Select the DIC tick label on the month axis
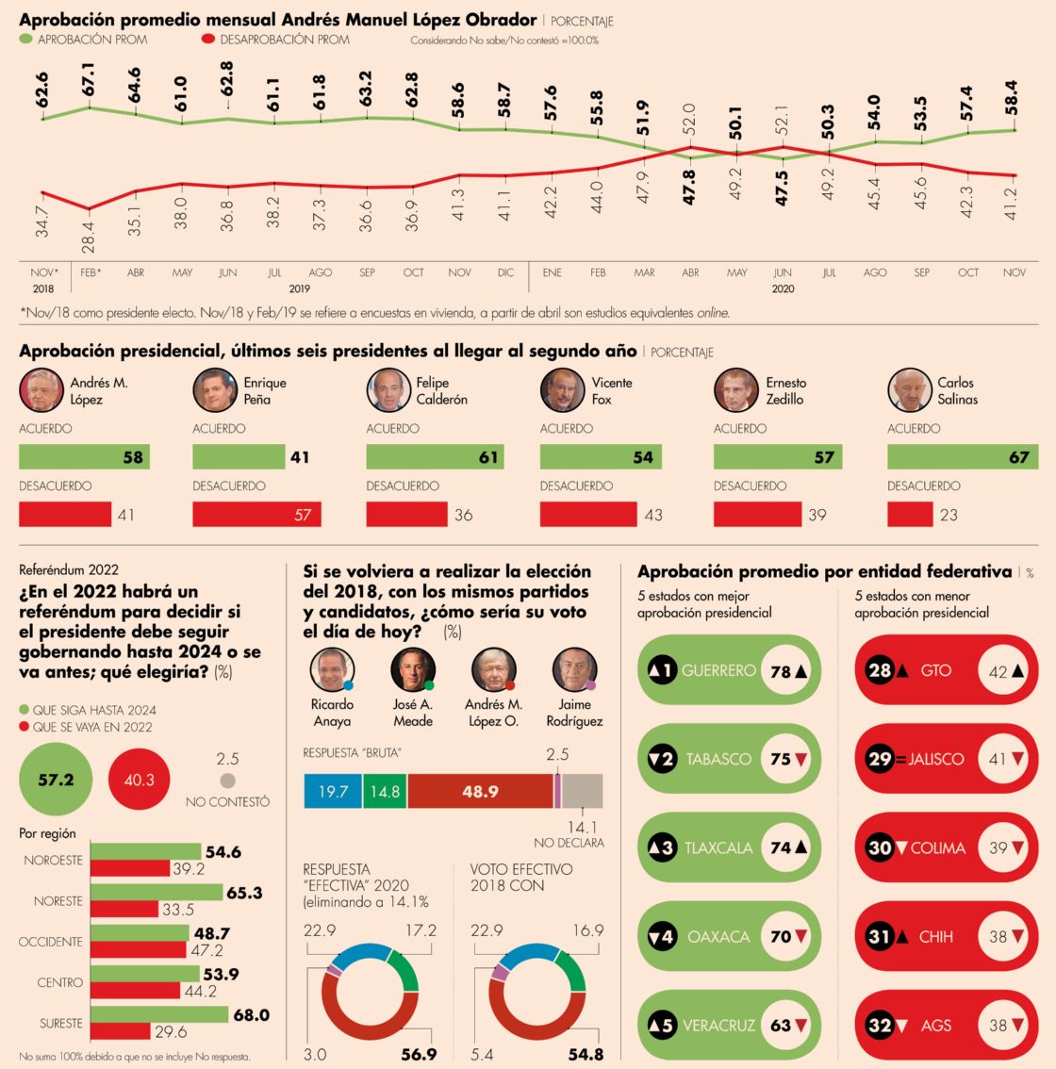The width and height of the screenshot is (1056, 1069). point(505,272)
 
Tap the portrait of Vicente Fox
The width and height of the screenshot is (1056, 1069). point(562,390)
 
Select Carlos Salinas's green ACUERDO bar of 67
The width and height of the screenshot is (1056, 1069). point(961,457)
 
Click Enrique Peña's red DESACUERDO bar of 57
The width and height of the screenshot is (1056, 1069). point(256,515)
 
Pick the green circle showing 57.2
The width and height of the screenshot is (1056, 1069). point(56,780)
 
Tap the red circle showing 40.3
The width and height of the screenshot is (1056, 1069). point(139,780)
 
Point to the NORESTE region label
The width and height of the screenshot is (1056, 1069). point(58,901)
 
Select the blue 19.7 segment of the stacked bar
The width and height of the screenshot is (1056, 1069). point(333,791)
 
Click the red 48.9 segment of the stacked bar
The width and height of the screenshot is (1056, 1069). point(480,791)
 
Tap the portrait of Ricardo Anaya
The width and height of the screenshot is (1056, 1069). point(332,670)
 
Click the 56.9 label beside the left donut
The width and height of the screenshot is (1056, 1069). point(419,1054)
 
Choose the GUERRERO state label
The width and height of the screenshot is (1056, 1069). point(718,671)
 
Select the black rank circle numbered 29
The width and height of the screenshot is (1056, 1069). point(880,760)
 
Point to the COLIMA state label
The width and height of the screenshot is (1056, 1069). point(937,848)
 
